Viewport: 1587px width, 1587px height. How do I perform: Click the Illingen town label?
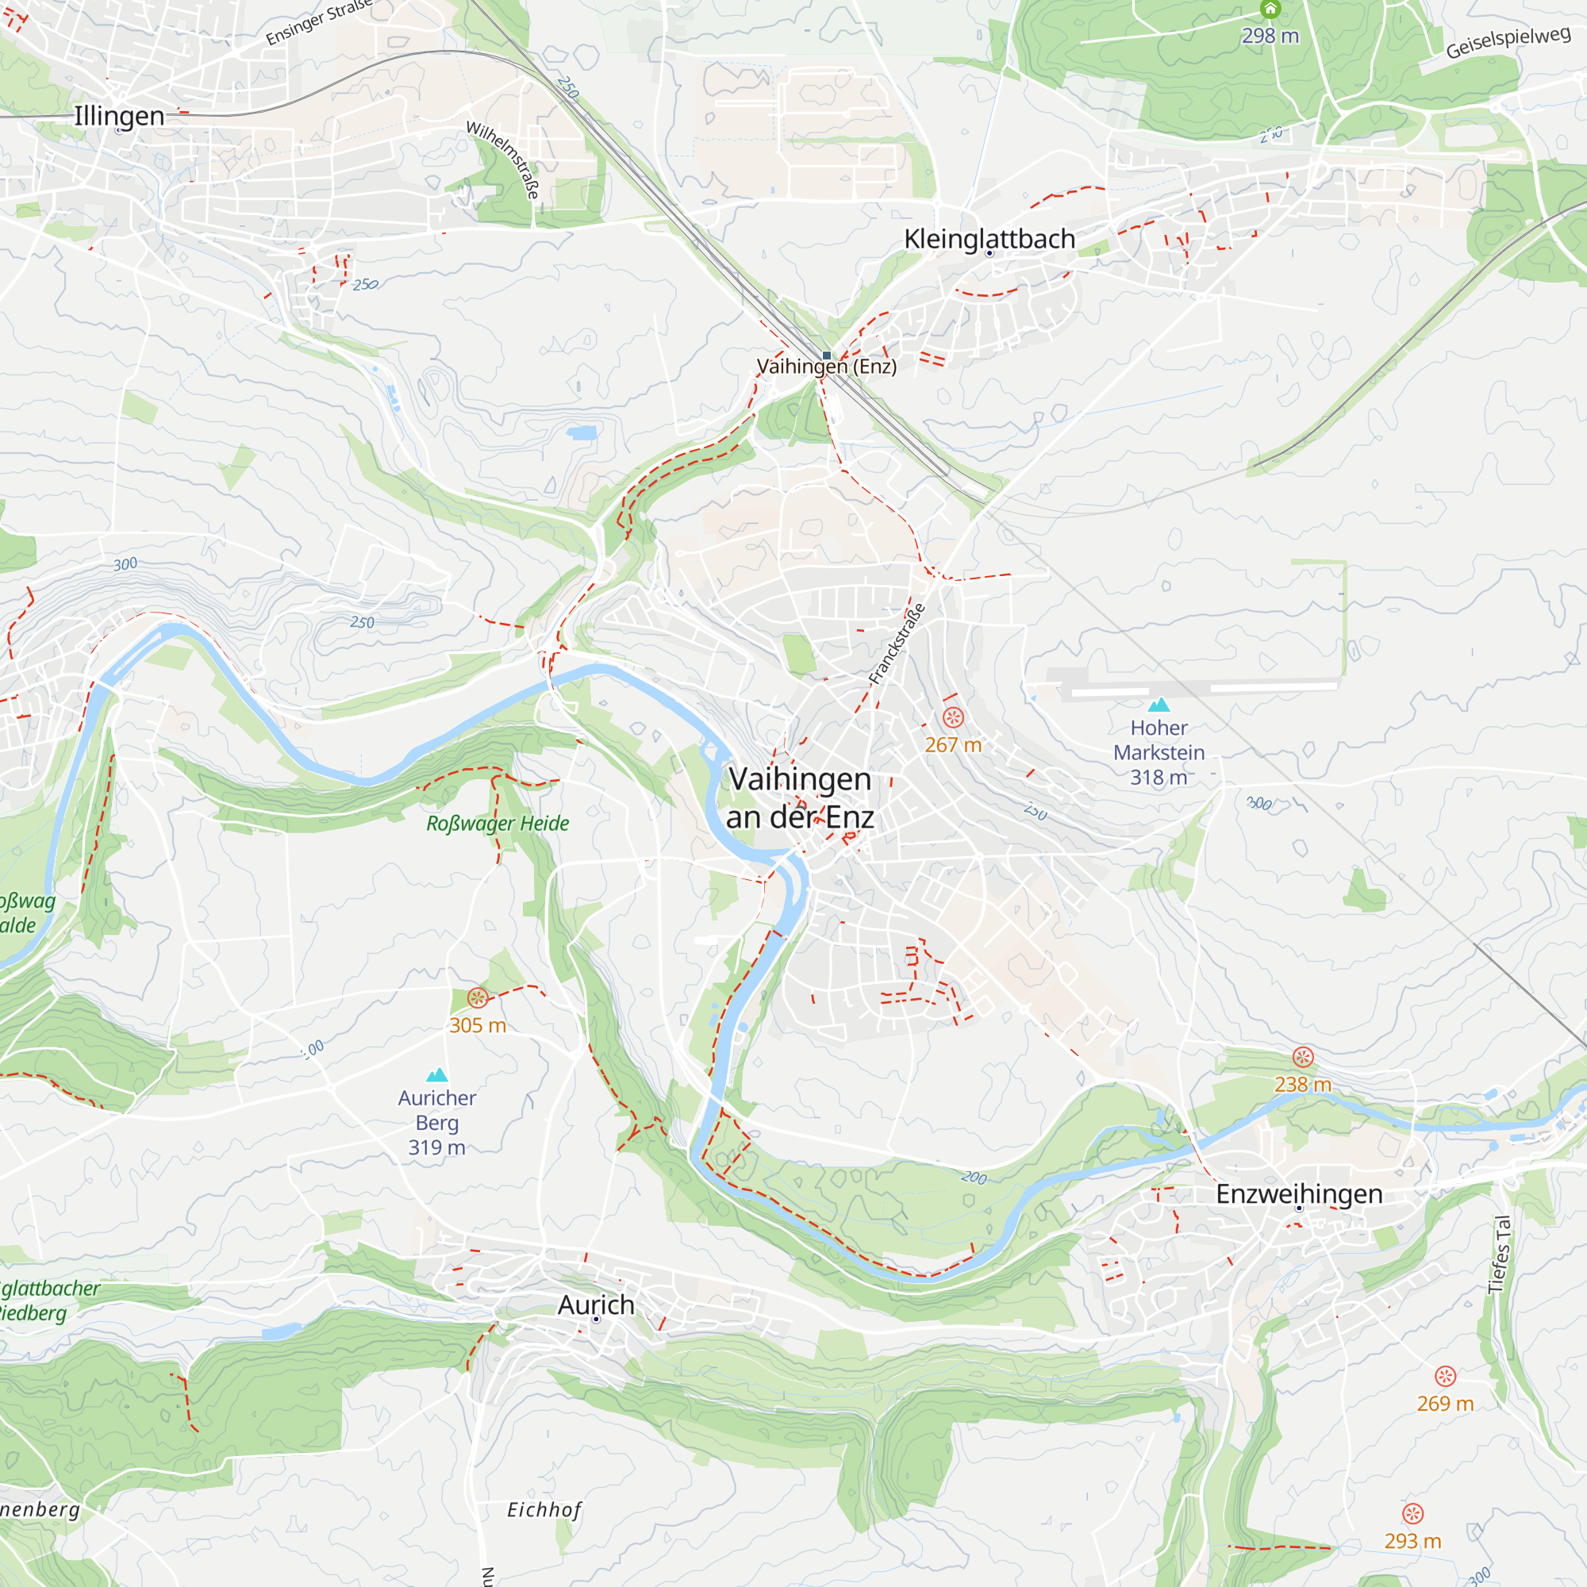click(119, 116)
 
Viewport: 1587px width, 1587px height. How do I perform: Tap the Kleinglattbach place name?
click(989, 239)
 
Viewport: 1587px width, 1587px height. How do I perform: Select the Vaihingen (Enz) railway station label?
click(826, 367)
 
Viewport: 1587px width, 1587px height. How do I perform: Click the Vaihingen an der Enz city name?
click(799, 797)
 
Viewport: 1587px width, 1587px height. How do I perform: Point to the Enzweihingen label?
click(1299, 1193)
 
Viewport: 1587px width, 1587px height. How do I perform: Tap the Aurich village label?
click(596, 1305)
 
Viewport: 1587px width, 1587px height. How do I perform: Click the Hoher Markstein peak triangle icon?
click(1159, 705)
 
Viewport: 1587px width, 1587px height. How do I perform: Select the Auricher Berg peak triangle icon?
click(437, 1075)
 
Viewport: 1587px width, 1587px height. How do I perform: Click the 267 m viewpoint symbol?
click(953, 718)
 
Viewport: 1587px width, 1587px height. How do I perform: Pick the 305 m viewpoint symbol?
click(477, 998)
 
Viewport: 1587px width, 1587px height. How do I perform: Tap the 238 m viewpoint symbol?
click(1303, 1057)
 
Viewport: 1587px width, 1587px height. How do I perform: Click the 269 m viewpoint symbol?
click(1445, 1376)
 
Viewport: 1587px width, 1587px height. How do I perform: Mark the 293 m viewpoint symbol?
click(1412, 1514)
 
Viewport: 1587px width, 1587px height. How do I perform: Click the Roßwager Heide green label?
click(497, 823)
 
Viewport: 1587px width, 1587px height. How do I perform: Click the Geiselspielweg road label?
click(1508, 43)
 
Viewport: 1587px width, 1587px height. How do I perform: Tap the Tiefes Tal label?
click(1500, 1255)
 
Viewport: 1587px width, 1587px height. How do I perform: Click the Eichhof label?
click(544, 1510)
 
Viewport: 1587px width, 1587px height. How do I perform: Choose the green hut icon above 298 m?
click(1270, 9)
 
